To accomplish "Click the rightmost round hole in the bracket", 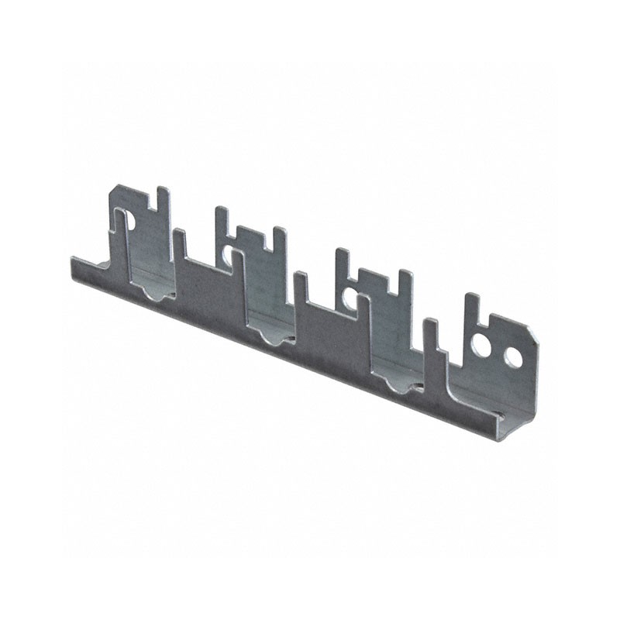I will coord(513,357).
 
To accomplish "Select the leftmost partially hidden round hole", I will coord(129,222).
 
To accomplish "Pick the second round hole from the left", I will coord(227,253).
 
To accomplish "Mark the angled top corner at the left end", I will coord(115,189).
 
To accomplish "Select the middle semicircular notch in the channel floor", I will coord(270,336).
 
